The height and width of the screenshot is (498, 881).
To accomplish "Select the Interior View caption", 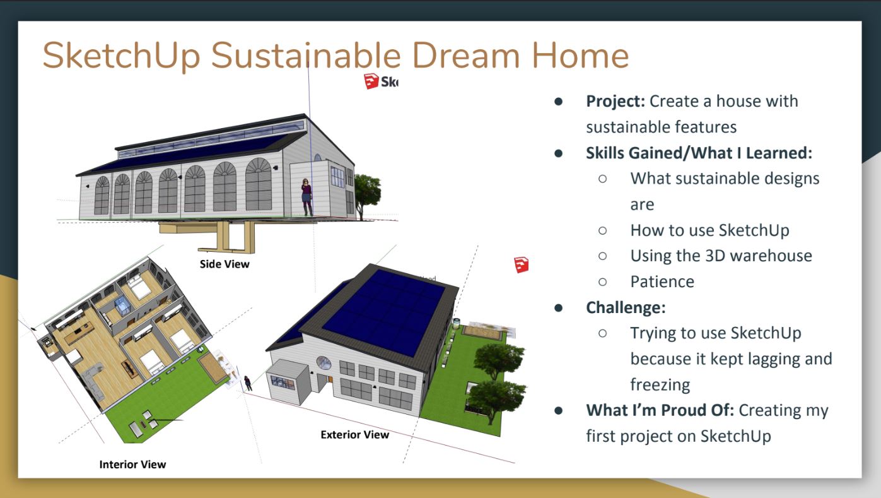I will [x=132, y=465].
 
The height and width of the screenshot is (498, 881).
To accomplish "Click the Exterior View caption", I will [x=354, y=434].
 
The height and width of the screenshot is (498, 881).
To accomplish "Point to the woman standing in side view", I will [x=306, y=196].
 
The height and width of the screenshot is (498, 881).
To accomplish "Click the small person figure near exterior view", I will [x=248, y=382].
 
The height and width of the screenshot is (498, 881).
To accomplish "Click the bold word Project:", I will [x=616, y=101].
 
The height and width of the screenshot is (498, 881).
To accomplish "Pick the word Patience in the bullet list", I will [x=662, y=282].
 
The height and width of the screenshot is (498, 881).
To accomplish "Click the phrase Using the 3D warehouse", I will [x=721, y=256].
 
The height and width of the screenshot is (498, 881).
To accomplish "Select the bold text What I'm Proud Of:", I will [x=660, y=410].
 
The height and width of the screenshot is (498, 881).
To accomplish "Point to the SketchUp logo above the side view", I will [x=380, y=81].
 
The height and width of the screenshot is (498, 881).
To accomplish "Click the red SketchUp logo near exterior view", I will [x=521, y=265].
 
